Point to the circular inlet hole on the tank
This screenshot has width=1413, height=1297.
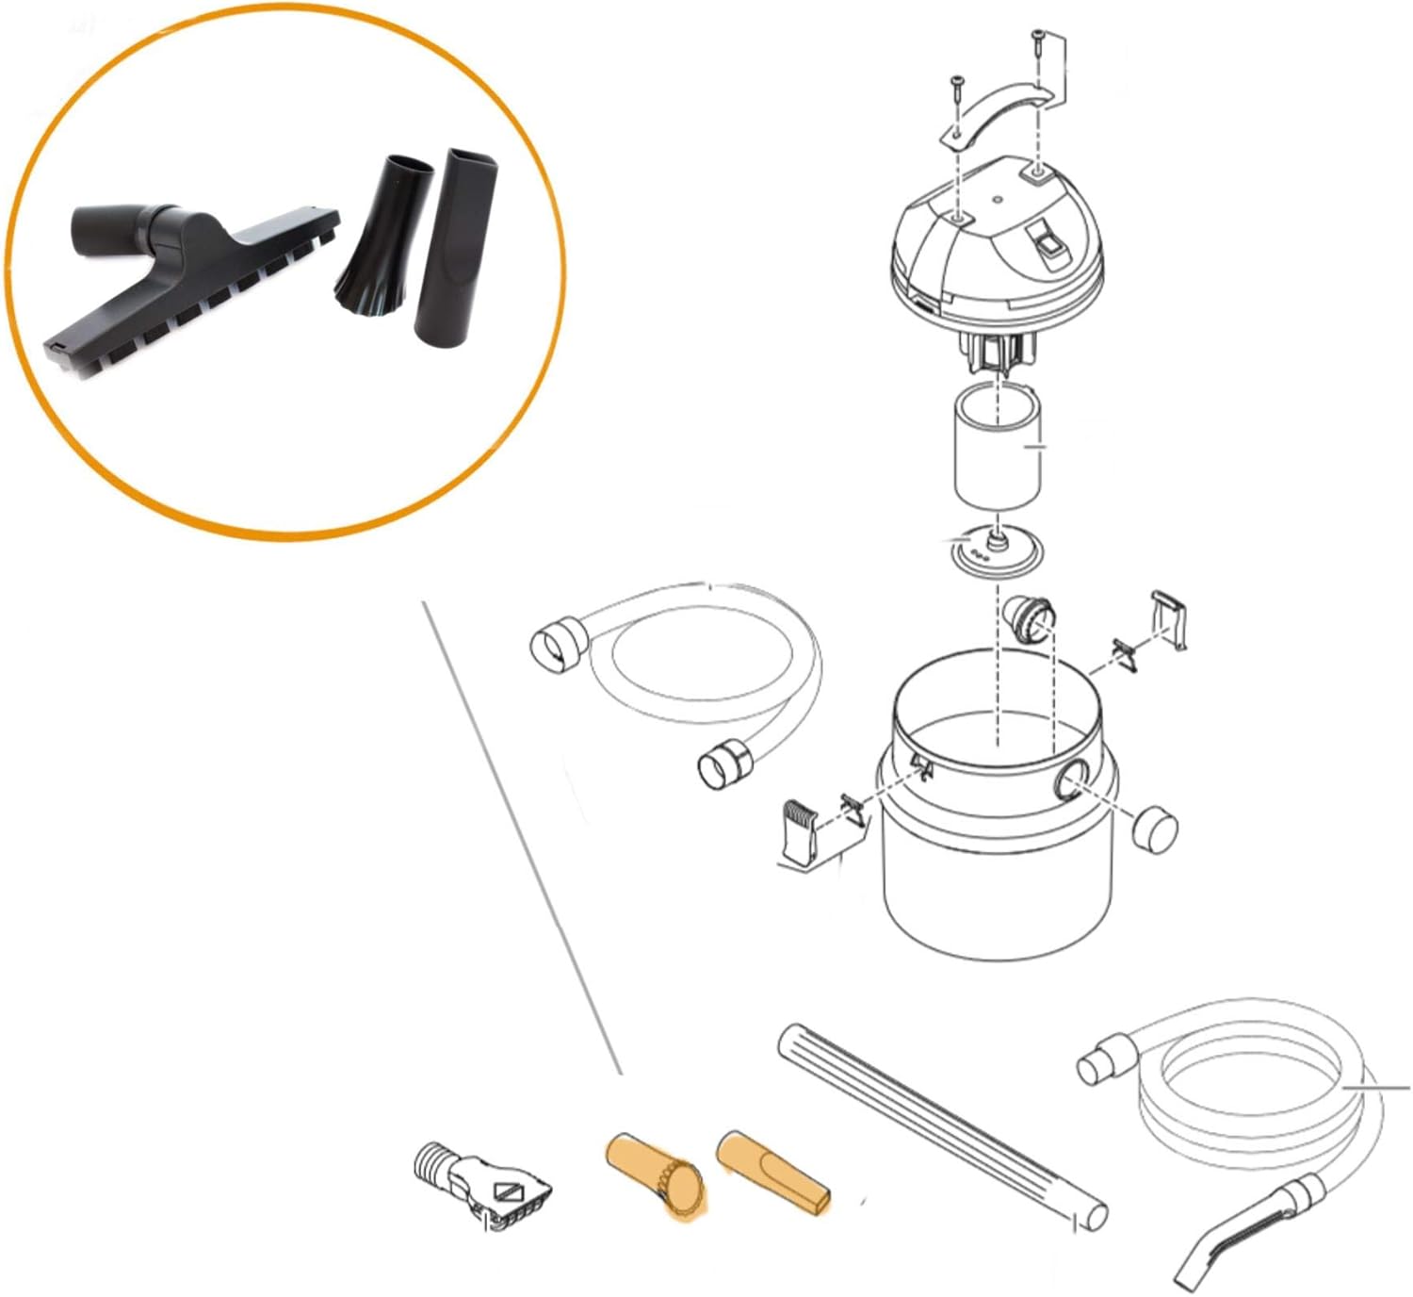(x=1073, y=781)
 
